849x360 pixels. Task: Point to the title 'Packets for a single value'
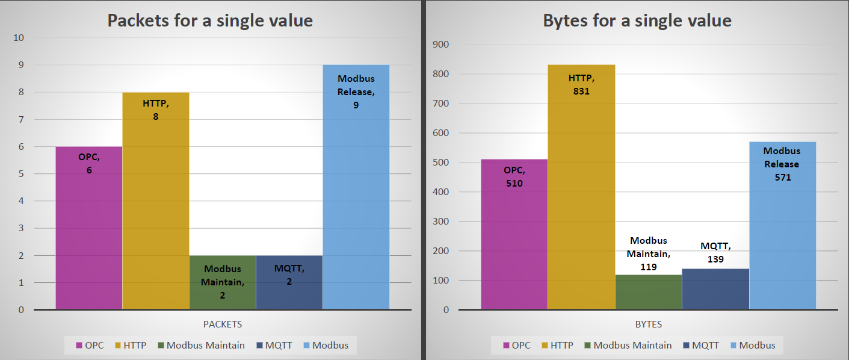pos(210,20)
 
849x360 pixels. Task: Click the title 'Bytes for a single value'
pos(637,20)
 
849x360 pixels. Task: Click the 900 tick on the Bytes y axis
pos(442,45)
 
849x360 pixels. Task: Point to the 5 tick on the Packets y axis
pos(21,174)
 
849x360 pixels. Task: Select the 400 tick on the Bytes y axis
pos(442,192)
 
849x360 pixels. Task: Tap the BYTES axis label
pos(648,324)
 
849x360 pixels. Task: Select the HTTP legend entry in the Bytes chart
pos(556,346)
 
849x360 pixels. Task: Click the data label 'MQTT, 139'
pos(715,253)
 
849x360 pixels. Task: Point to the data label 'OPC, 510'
pos(514,176)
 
